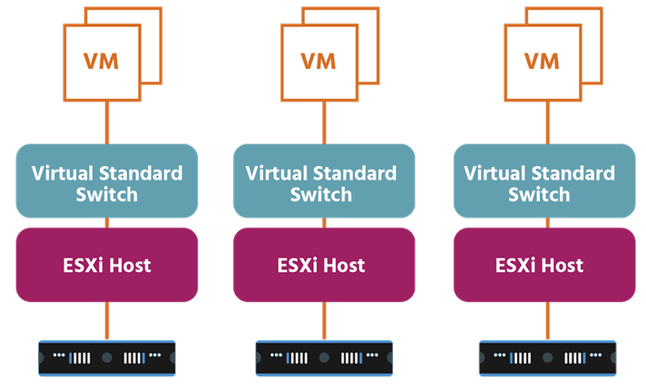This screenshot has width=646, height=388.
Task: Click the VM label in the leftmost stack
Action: point(102,63)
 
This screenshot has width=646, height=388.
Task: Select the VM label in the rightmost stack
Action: point(542,63)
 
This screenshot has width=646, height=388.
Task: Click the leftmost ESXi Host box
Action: point(107,265)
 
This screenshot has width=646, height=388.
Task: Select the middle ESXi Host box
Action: point(324,265)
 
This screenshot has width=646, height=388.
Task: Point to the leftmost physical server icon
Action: point(107,357)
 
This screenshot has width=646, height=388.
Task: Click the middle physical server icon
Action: point(324,357)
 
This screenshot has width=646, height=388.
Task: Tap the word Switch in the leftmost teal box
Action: point(107,194)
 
